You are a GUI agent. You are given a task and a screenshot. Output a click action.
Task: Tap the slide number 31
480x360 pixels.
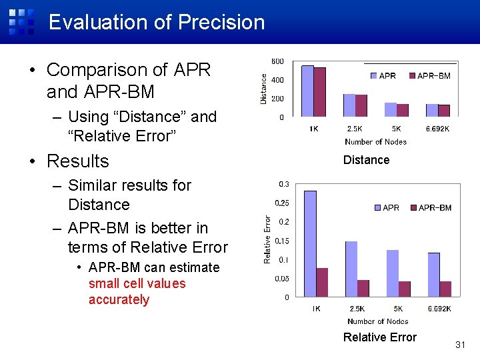tap(459, 345)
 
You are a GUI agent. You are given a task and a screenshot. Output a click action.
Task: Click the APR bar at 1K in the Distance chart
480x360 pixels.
tap(307, 91)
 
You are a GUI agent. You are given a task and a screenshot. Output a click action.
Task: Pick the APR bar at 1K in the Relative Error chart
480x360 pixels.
tap(310, 243)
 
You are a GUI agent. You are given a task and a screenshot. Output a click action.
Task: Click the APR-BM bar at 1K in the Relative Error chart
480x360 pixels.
tap(322, 282)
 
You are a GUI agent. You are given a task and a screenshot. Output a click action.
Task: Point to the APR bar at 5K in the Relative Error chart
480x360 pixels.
tap(392, 273)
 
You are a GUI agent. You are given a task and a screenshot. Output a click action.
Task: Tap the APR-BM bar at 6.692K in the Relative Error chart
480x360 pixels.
tap(445, 289)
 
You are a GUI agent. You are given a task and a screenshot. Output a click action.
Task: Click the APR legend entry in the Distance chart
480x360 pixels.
tap(383, 76)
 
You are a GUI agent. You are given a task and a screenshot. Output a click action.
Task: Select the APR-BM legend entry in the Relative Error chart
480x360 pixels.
tap(431, 208)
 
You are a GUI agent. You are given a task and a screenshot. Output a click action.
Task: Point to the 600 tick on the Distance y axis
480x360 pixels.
tap(277, 61)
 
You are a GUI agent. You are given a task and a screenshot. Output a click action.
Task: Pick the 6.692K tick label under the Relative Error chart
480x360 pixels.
tap(439, 309)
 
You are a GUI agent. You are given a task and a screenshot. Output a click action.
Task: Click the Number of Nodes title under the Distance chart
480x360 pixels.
tap(375, 141)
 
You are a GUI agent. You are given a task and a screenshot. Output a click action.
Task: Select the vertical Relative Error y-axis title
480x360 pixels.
tap(267, 239)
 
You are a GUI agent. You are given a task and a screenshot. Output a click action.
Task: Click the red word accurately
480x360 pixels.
tap(119, 299)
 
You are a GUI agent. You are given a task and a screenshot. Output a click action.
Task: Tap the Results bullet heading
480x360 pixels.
tap(77, 161)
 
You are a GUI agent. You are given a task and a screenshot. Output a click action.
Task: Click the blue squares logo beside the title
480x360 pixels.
tap(22, 21)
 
